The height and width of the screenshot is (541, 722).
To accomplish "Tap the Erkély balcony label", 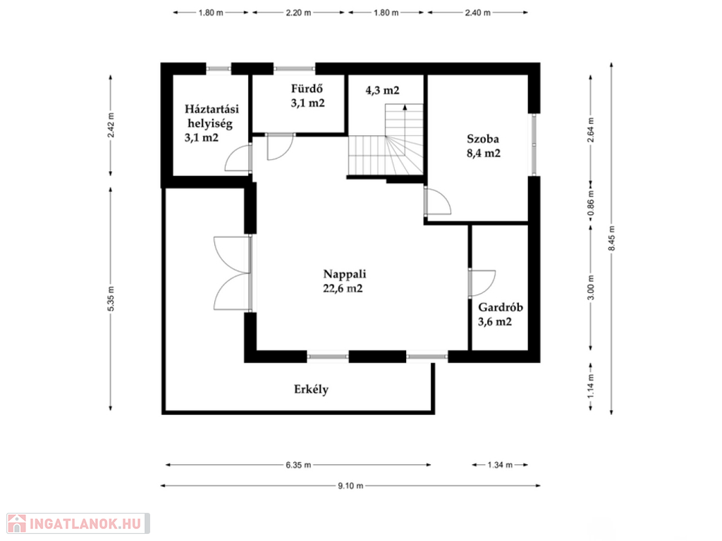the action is [311, 390].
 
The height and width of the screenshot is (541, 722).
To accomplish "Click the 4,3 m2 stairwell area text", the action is [382, 90].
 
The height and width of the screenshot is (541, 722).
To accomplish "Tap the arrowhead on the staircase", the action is [405, 107].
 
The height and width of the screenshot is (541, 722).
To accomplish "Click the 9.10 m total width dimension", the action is [350, 485].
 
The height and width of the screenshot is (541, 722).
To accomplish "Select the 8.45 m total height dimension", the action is [611, 238].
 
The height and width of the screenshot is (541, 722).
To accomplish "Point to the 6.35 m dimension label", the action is [298, 465].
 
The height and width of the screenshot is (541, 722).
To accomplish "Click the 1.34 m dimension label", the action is [500, 465].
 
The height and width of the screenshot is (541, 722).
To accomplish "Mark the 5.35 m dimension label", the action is [111, 298].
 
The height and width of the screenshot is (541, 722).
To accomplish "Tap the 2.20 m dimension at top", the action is [298, 13].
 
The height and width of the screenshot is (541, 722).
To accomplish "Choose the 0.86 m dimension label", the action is [592, 203].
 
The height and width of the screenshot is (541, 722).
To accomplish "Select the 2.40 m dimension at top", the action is [477, 13].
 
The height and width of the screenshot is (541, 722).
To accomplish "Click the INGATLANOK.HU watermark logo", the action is [78, 523].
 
